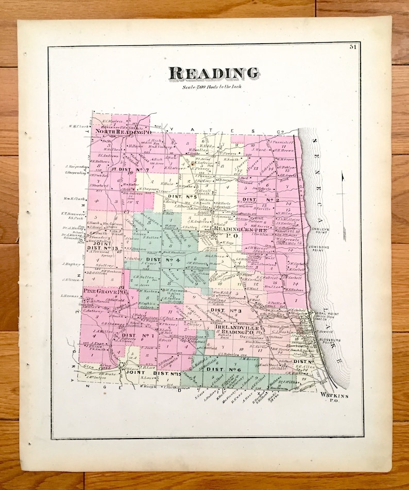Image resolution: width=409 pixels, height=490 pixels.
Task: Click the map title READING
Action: point(214,74)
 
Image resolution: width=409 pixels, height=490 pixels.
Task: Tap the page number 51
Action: point(353,48)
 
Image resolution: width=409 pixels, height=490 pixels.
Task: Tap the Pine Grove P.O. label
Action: point(105,291)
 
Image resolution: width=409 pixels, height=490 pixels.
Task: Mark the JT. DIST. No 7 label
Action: point(129,169)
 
